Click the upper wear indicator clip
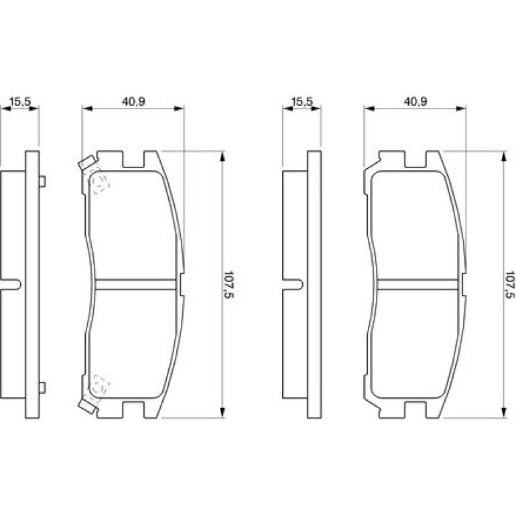click(x=88, y=163)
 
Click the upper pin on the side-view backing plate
click(x=42, y=182)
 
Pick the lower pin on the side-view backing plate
click(x=42, y=387)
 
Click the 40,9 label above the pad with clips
click(x=133, y=102)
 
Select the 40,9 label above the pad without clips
click(x=415, y=102)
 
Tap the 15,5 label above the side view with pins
click(x=20, y=102)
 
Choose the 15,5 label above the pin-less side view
click(x=302, y=102)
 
